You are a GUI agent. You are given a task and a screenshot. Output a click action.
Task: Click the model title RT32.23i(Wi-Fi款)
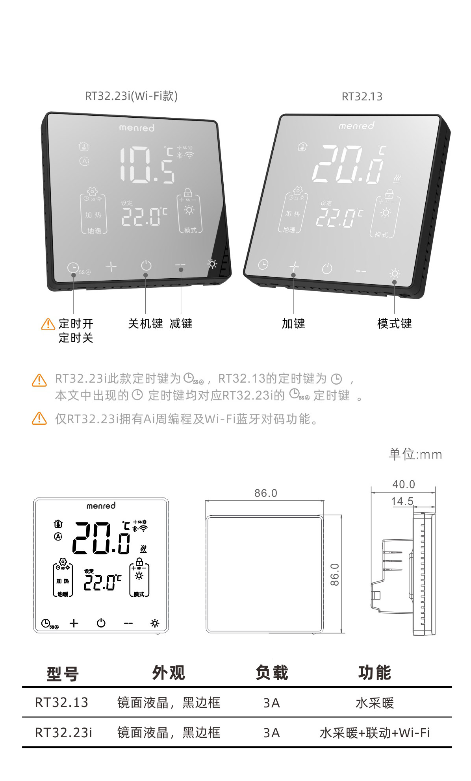[x=131, y=96]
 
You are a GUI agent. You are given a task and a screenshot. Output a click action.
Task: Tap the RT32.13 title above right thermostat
[x=362, y=96]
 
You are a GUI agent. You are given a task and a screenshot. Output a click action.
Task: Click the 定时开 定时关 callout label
[x=76, y=331]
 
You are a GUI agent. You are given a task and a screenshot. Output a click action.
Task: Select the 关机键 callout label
[x=145, y=324]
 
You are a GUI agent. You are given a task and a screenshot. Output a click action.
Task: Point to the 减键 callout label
[x=181, y=324]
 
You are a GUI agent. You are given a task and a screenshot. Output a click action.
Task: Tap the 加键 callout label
[x=293, y=324]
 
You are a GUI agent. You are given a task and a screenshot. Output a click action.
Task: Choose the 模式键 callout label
[x=394, y=324]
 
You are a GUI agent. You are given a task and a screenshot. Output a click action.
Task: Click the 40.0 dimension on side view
[x=403, y=484]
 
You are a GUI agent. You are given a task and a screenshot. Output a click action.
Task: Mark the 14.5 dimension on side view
[x=402, y=501]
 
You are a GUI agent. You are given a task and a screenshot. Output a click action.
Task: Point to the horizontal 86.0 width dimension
[x=265, y=493]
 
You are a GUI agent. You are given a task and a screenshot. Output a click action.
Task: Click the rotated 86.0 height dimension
[x=334, y=574]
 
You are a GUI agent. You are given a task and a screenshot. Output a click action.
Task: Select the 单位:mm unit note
[x=415, y=454]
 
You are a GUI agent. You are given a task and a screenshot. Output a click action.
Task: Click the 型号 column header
[x=63, y=674]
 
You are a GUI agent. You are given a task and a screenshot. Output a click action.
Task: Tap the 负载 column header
[x=272, y=672]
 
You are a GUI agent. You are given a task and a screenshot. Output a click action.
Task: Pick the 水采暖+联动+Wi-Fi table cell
[x=375, y=733]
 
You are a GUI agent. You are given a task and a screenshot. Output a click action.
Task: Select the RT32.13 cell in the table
[x=62, y=702]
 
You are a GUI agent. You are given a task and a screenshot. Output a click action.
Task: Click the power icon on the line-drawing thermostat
[x=101, y=623]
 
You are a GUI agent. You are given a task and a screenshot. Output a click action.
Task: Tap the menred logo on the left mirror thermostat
[x=137, y=128]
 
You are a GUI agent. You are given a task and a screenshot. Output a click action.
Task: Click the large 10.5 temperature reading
[x=147, y=165]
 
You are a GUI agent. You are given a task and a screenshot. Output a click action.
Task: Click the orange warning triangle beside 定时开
[x=48, y=324]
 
